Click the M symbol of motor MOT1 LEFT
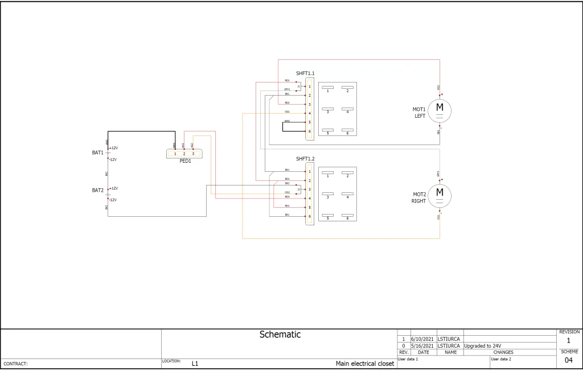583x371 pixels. pos(440,107)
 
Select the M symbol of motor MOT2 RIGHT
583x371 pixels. pos(440,192)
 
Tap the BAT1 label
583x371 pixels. pos(98,152)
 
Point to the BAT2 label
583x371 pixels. pos(98,190)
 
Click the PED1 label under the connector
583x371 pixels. pos(185,161)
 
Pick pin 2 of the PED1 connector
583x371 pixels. pos(184,154)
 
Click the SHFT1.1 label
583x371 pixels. pos(305,73)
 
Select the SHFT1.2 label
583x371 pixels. pos(305,159)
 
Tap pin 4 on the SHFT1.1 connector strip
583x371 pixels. pos(309,113)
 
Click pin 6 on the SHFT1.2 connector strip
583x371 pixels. pos(309,216)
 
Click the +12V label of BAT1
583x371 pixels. pos(114,148)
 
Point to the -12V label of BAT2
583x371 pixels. pos(113,200)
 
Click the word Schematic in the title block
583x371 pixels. pos(280,335)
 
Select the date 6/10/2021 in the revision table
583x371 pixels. pos(422,339)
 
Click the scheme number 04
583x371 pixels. pos(568,361)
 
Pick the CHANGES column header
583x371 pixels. pos(503,353)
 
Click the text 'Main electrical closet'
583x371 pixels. pos(364,364)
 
